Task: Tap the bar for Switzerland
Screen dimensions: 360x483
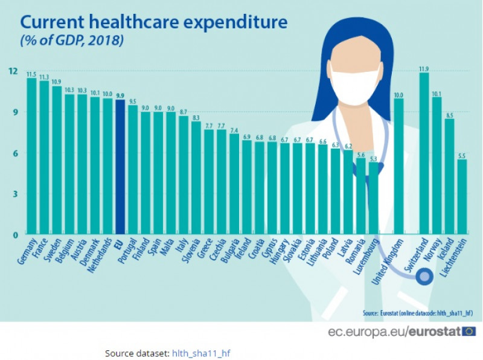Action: point(424,153)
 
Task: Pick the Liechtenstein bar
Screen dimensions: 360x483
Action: point(462,196)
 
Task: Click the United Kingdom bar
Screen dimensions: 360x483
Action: point(398,166)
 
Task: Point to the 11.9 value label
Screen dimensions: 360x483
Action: point(424,68)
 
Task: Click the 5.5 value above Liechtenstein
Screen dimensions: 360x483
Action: point(462,155)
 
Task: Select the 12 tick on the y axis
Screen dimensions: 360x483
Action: point(12,71)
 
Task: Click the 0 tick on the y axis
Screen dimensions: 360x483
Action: point(14,234)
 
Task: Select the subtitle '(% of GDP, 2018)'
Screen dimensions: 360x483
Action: point(72,41)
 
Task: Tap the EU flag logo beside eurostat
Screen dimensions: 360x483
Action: point(469,331)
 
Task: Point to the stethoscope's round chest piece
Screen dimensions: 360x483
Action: point(425,277)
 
